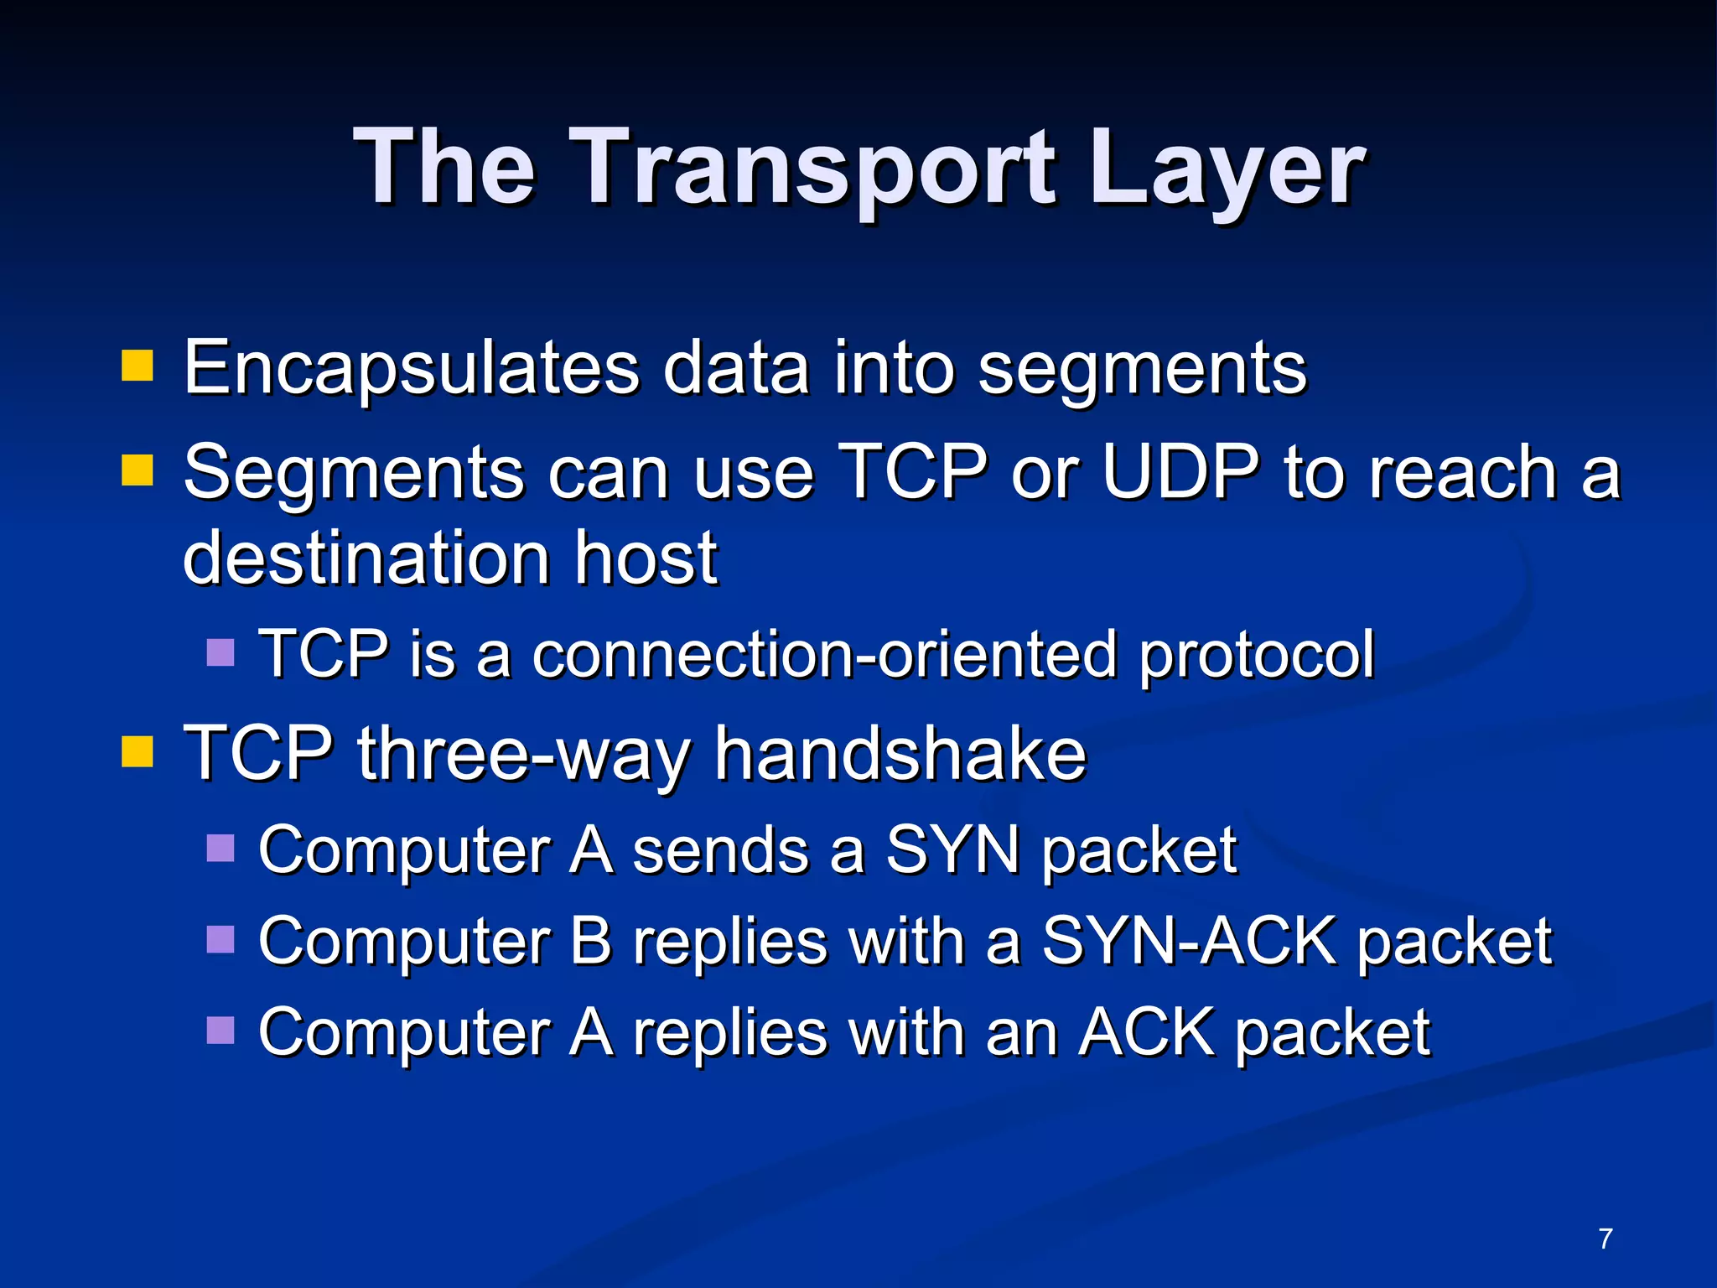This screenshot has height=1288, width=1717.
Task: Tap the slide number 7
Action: click(x=1605, y=1239)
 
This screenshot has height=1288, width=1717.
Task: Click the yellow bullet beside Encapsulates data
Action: click(x=137, y=366)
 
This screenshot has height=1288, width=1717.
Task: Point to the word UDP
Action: click(x=1180, y=472)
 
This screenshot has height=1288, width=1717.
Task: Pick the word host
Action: click(x=646, y=558)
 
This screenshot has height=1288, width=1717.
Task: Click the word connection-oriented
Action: click(x=824, y=654)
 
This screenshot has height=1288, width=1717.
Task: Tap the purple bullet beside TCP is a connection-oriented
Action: click(x=220, y=652)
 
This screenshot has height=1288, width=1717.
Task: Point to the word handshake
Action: click(x=900, y=753)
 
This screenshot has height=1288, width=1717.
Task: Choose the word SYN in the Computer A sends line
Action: click(x=953, y=850)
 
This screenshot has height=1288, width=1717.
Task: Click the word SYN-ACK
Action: click(x=1188, y=942)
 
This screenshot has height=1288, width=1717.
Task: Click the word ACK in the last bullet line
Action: click(x=1146, y=1032)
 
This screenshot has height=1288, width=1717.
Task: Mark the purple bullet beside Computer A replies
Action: click(x=220, y=1030)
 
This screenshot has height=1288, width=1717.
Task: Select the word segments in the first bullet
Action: click(x=1142, y=369)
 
